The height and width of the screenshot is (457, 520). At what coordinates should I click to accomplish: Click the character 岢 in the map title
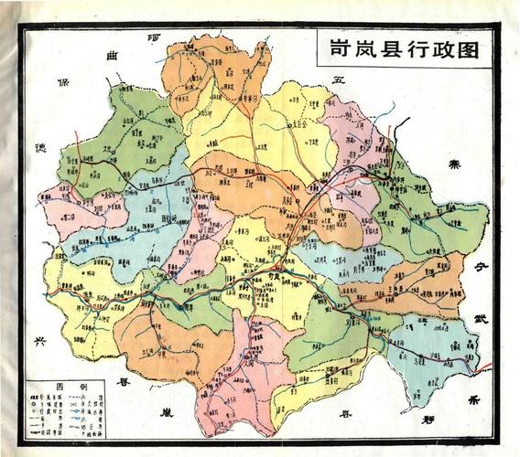(330, 48)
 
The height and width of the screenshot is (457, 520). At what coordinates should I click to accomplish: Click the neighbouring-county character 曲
(114, 57)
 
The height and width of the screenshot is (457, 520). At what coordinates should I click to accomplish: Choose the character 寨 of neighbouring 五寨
(451, 165)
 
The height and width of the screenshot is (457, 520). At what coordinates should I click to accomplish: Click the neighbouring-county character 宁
(478, 267)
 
